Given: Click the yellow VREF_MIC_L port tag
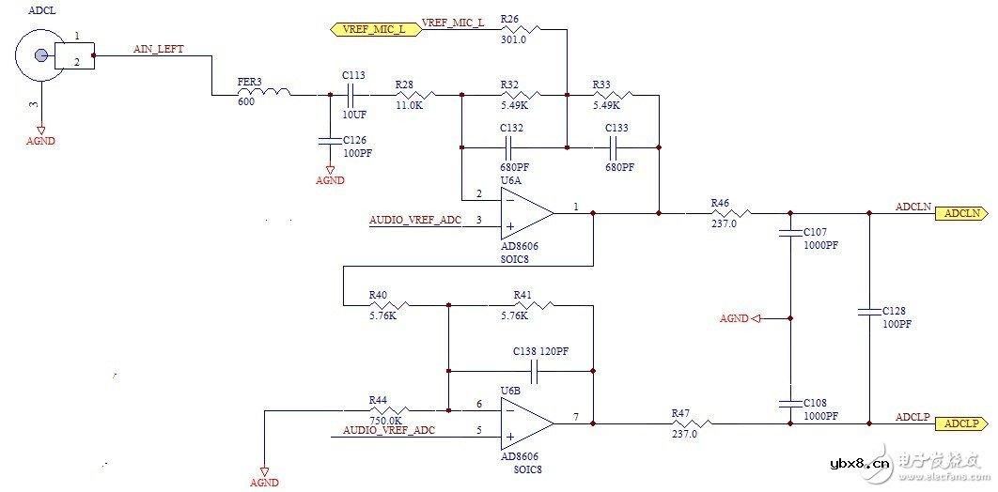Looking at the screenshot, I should point(374,28).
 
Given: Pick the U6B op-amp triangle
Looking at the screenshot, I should point(527,423).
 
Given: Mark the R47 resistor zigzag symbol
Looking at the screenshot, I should point(687,423).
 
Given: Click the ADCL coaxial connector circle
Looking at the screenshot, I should point(37,55).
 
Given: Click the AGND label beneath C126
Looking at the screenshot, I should point(330,180).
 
